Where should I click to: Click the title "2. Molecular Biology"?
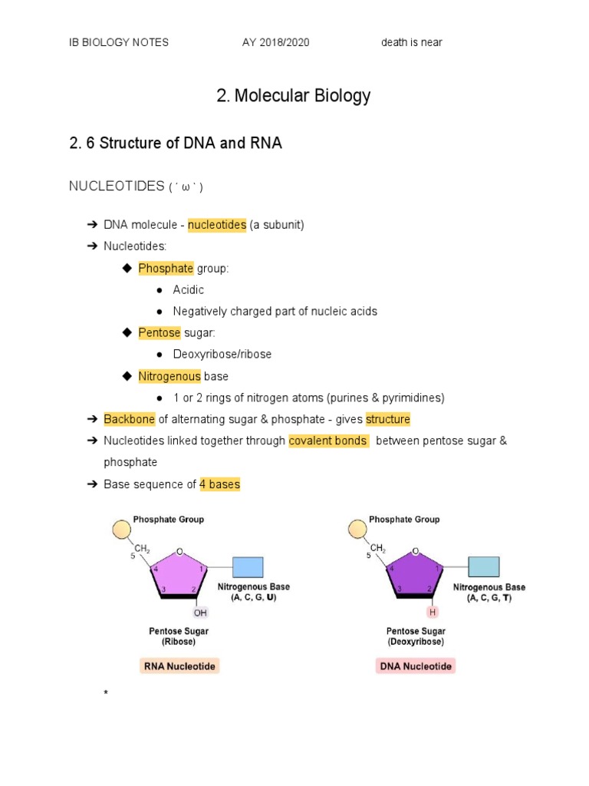[294, 96]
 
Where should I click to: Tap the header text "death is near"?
[412, 42]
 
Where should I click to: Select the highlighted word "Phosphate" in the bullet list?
[166, 268]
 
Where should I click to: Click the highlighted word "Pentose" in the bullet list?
[160, 332]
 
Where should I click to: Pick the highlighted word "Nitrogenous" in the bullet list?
[169, 376]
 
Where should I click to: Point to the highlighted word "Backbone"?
[130, 419]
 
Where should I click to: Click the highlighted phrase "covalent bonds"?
[328, 441]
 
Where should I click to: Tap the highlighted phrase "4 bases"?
[219, 484]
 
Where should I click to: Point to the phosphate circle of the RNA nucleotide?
[120, 530]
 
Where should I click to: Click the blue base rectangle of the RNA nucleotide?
[248, 566]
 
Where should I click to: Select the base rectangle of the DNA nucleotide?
[483, 566]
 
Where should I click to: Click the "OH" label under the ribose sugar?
[200, 613]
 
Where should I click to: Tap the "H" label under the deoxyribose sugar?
[433, 613]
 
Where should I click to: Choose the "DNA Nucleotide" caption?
[416, 666]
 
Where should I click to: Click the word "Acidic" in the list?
[188, 289]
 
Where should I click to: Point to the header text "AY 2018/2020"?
[275, 42]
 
